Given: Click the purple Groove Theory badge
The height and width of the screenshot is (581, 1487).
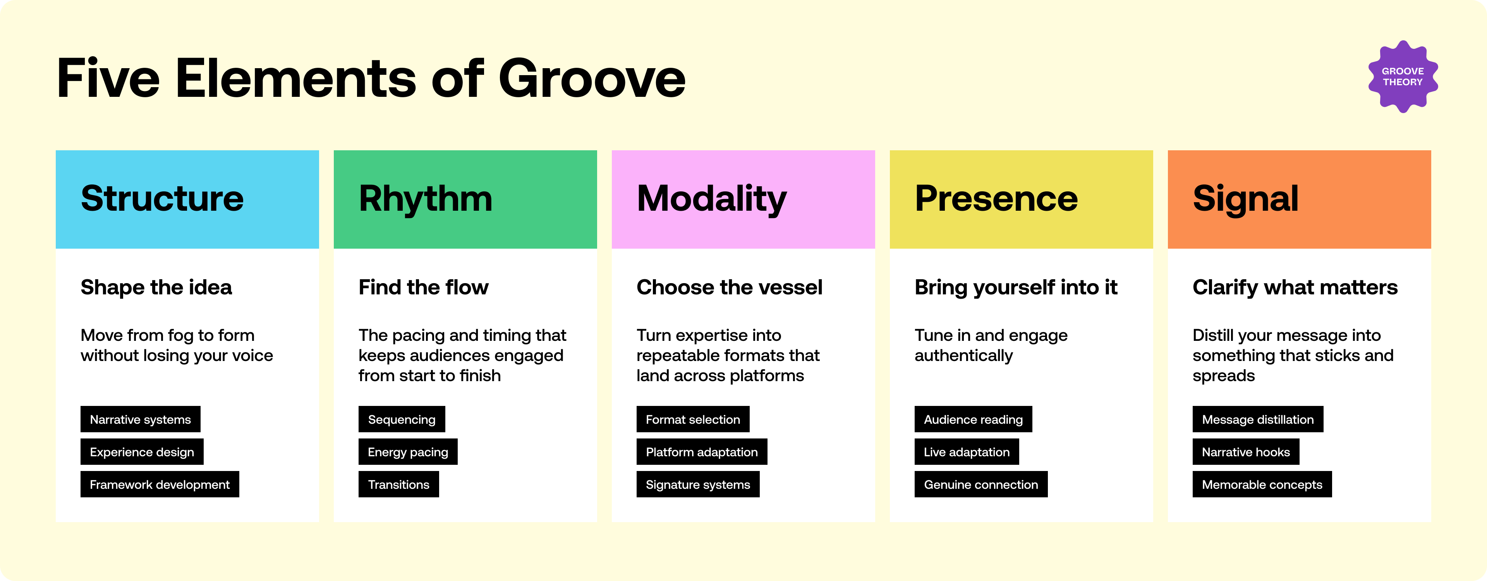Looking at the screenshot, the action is coord(1403,77).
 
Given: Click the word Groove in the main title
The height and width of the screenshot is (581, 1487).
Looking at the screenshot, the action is coord(592,79).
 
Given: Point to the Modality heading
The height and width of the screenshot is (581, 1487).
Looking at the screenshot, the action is coord(712,199).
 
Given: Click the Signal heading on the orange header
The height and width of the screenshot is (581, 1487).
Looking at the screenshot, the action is coord(1246,199).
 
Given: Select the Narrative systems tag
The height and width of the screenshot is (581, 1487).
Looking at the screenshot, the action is coord(140,419).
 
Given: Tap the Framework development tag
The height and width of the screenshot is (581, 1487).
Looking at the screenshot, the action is coord(160,485).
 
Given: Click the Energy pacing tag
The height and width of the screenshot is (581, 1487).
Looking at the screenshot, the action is coord(408,452).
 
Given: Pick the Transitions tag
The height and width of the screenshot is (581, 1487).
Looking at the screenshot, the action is coord(399,485).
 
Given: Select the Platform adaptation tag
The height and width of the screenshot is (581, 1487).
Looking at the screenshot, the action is coord(702,452).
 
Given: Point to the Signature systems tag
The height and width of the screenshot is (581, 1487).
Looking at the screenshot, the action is coord(698,485).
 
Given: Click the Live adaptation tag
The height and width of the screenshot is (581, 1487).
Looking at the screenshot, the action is coord(967,452).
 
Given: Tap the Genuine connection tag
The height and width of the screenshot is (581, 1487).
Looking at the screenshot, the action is coord(981,485).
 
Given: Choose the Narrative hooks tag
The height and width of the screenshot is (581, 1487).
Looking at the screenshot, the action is coord(1246,452).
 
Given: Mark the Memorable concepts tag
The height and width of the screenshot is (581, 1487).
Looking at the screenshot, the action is coord(1262,485).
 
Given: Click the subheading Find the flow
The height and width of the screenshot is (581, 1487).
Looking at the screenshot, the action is coord(424,287).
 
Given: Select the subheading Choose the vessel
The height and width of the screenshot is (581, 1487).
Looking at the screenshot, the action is coord(730,287).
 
